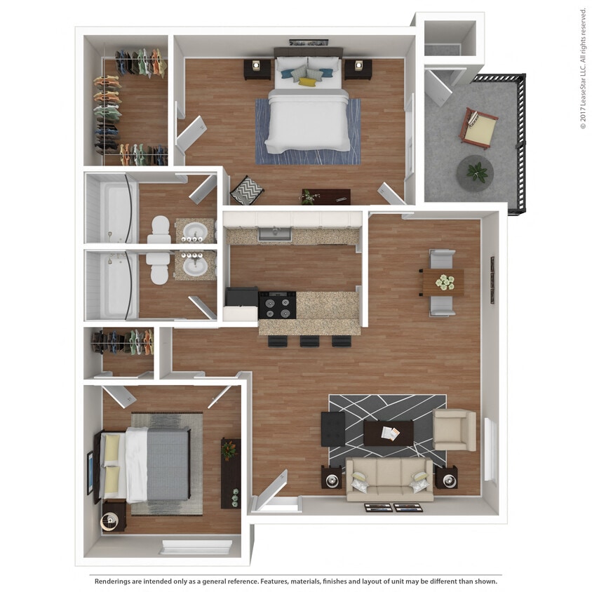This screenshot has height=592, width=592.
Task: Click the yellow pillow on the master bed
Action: coord(307,82)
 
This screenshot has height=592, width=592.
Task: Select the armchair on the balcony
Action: coord(479,127)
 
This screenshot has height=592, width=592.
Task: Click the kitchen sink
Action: coord(274,234)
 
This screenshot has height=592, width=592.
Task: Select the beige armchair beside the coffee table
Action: coord(455,430)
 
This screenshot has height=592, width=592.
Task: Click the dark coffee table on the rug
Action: coord(388,433)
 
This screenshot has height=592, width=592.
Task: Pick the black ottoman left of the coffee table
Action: coord(332,429)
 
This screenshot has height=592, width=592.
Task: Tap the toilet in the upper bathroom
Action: coord(160,228)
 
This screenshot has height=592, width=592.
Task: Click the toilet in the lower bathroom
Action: coord(159,267)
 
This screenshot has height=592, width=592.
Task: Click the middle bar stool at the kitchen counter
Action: coord(309,341)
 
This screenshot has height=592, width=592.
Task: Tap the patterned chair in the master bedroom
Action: coord(246,189)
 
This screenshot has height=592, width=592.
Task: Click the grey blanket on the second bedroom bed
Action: coord(168,464)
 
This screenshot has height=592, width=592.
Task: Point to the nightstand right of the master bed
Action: coord(358,69)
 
